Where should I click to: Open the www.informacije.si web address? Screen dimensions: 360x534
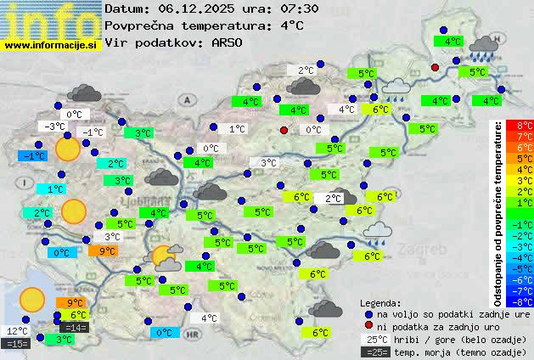[x=51, y=45]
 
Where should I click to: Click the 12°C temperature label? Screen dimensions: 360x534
[x=17, y=331]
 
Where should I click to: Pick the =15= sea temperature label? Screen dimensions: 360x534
[x=16, y=344]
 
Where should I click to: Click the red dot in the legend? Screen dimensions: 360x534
[x=368, y=327]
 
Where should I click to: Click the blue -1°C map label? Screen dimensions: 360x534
[x=33, y=156]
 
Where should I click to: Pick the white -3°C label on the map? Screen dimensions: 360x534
[x=53, y=127]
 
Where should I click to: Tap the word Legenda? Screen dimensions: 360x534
[x=380, y=302]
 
